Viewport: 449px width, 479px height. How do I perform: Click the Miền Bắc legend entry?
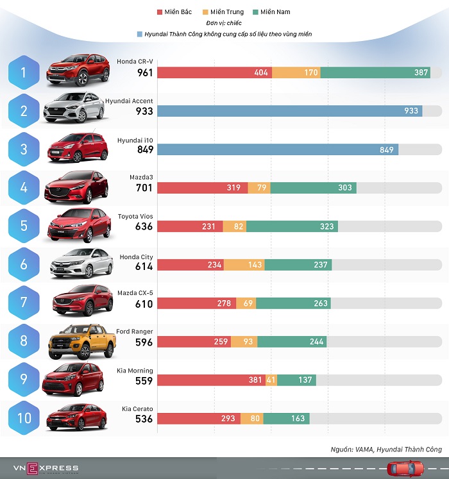[174, 12]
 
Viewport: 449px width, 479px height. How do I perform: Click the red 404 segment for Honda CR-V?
[214, 72]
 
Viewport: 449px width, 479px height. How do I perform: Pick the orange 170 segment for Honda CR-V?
[296, 72]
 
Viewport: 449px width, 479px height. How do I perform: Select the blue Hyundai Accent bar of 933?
[289, 111]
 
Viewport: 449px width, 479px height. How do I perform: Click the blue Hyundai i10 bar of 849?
[277, 149]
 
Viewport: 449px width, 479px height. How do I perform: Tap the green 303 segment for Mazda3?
[313, 188]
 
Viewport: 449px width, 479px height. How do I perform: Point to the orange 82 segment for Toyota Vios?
[234, 226]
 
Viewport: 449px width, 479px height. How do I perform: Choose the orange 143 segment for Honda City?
[244, 265]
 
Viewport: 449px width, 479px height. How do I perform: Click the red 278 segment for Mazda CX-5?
[196, 303]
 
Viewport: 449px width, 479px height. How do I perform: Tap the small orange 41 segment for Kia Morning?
[271, 380]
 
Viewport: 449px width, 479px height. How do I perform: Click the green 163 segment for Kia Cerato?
[286, 419]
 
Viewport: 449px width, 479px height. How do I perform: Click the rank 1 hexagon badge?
[24, 72]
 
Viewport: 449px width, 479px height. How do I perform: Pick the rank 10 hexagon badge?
[24, 419]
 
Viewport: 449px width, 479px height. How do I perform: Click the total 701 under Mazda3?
[144, 189]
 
